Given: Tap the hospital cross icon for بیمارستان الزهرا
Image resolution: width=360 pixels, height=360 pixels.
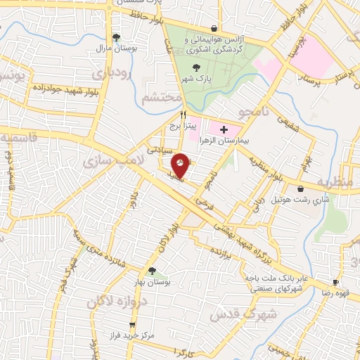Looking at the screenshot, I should click(224, 130).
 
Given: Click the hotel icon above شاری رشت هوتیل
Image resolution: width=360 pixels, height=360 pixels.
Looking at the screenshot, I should click(301, 188).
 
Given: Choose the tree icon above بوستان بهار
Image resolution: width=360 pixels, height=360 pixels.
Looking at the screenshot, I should click(151, 271).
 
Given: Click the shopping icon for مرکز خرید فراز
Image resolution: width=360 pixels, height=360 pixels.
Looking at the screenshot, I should click(132, 324).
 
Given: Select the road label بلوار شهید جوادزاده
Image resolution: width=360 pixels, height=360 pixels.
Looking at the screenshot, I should click(62, 90).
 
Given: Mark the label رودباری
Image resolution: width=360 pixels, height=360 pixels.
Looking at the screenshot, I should click(110, 73).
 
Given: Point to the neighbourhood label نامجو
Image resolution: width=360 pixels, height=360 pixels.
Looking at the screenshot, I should click(250, 112).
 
